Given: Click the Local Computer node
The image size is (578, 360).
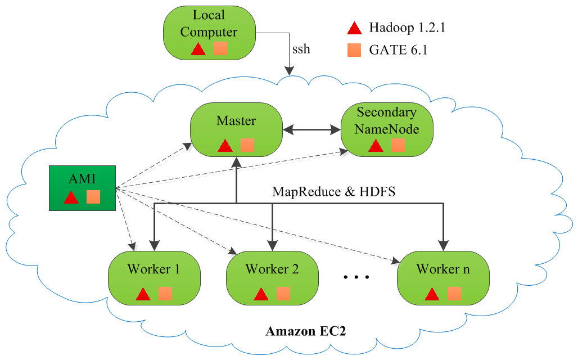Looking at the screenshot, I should pos(209,33).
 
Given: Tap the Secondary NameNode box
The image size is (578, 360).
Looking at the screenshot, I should pos(387,129).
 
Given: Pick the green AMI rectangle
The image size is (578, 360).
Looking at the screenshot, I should pos(83,188).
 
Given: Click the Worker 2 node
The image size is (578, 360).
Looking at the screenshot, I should pos(272,279).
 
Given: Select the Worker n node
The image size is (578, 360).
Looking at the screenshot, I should pos(443,279).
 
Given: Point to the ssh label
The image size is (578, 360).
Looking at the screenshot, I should pos(301,49).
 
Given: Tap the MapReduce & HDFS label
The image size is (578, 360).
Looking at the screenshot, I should pos(334,191).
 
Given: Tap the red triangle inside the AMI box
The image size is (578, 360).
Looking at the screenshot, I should pos(71,197).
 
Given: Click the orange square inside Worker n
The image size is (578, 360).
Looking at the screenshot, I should pos(454,293).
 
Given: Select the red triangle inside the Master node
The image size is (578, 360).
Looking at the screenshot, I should pos(225,146).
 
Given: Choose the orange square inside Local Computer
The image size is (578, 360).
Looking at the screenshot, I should pos(220,48).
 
